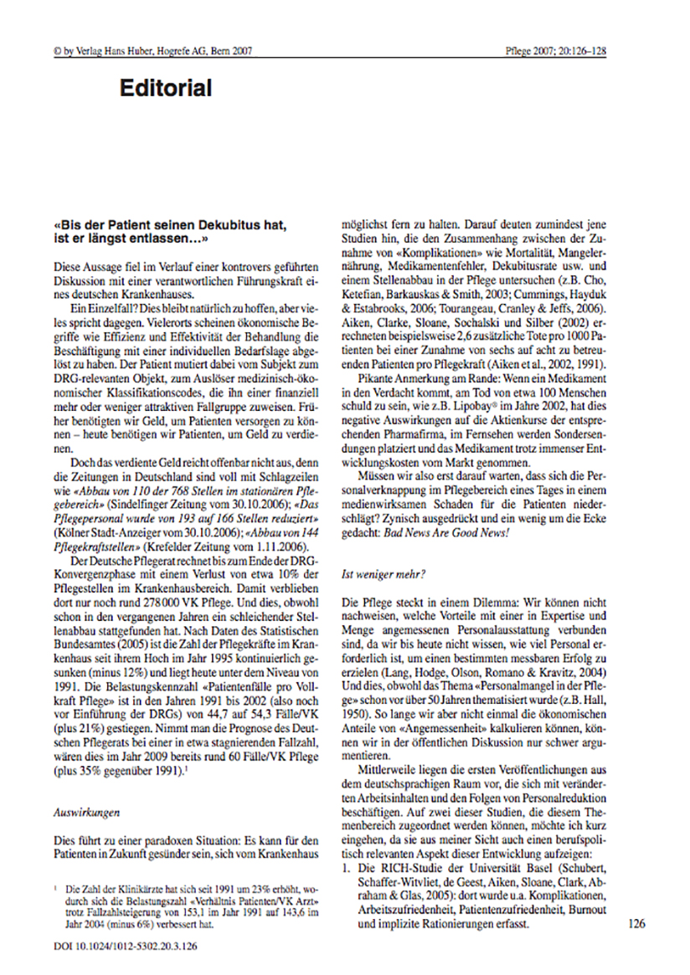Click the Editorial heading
(165, 87)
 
